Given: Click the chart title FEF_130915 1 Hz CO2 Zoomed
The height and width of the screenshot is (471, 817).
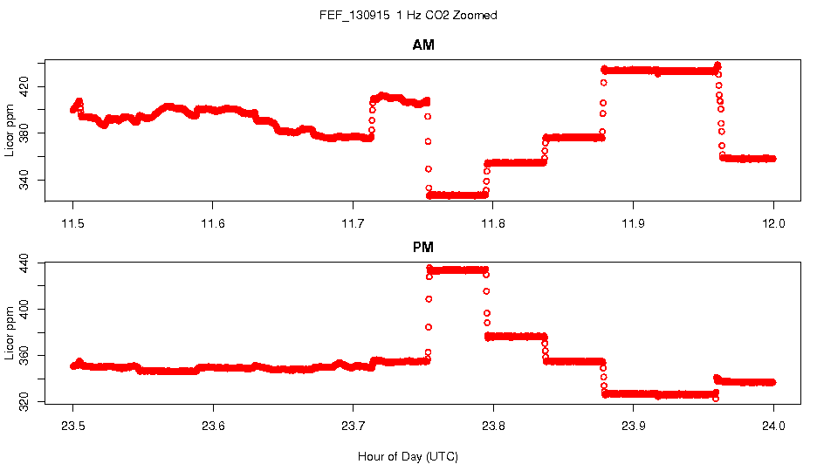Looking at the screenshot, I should [408, 16].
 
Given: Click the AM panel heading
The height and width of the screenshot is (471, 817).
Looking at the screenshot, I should [423, 45].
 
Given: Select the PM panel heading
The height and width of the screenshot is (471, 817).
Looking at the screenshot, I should [423, 248].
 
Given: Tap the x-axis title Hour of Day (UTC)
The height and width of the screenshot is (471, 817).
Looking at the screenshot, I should [408, 456].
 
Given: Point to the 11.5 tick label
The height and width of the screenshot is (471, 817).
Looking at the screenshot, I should [73, 223].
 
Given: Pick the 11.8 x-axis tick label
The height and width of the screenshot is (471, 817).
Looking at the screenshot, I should [493, 223].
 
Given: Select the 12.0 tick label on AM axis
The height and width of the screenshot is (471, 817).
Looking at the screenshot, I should [773, 223].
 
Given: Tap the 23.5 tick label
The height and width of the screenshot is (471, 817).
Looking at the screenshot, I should [73, 427].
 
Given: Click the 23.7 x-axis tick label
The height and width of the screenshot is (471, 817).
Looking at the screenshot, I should [353, 427].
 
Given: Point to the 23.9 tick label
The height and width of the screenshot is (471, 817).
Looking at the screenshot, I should [633, 427].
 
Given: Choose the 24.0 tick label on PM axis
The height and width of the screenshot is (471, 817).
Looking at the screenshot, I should [773, 427].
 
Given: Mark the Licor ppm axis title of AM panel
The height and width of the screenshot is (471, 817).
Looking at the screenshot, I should [10, 131].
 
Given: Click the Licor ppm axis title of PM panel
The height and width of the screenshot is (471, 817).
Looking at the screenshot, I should [10, 333].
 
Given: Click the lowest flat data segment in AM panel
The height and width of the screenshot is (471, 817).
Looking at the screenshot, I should [457, 195].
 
